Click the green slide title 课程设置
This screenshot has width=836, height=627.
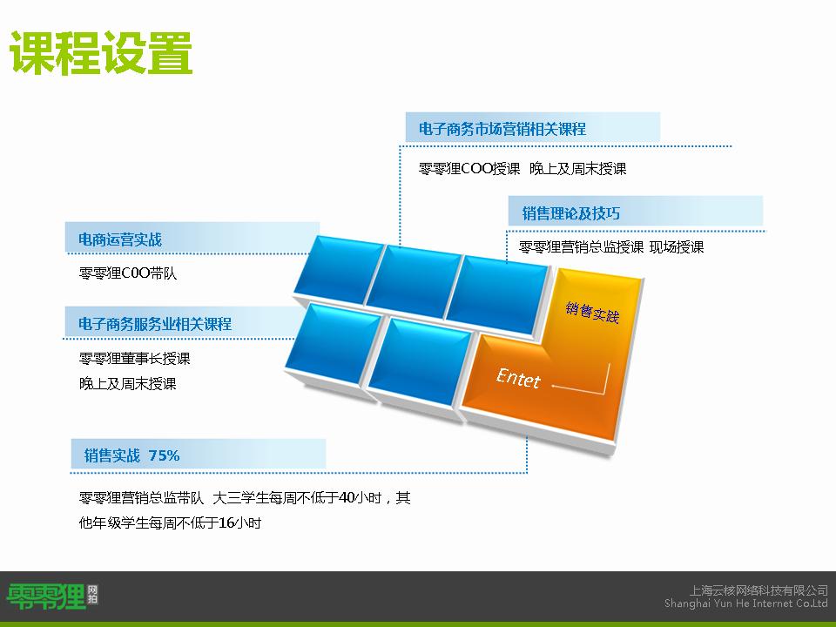101,52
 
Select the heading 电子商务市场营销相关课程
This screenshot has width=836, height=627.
502,129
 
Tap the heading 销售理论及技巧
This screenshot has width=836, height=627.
570,213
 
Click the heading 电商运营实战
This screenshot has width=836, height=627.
120,239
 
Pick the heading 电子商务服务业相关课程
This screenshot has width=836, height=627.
155,324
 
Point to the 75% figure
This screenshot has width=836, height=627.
165,455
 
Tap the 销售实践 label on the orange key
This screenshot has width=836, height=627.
592,312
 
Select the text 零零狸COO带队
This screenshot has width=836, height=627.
127,273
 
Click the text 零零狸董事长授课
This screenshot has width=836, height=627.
134,358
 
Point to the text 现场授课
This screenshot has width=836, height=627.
677,246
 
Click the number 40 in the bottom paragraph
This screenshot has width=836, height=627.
347,497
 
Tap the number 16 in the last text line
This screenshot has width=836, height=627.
226,522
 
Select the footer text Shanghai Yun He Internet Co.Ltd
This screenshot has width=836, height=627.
746,603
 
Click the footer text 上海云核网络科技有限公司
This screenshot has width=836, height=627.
758,590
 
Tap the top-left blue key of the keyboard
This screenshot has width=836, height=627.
339,270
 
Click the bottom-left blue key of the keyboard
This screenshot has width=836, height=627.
334,343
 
